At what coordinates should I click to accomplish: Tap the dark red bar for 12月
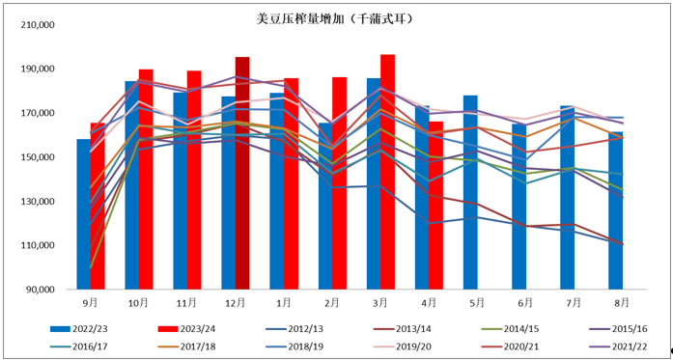pos(242,173)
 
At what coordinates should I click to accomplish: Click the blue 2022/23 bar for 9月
pos(83,214)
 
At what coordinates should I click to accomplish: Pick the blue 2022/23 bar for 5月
pos(470,192)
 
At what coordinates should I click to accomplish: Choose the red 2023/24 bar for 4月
pos(435,205)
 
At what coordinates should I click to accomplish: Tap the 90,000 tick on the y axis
pos(42,290)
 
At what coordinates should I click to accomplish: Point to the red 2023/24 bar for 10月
pos(146,179)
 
